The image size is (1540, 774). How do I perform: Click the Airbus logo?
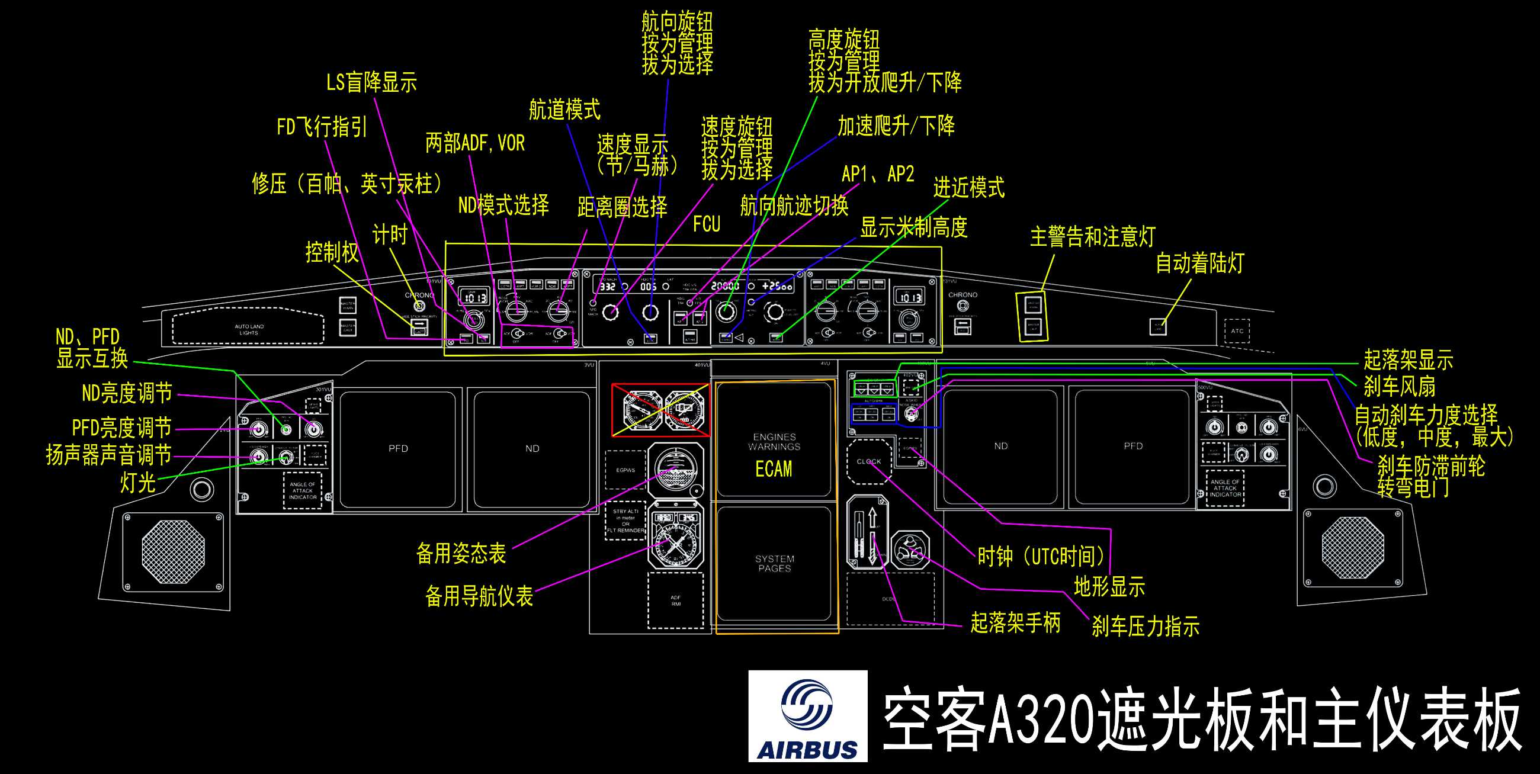807,716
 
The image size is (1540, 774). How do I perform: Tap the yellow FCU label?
706,224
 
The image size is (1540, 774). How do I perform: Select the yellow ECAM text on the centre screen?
774,469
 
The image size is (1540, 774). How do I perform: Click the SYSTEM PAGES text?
774,563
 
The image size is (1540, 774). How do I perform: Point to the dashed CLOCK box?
869,461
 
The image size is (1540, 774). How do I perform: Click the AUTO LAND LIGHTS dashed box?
249,328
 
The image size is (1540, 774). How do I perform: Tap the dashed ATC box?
1236,331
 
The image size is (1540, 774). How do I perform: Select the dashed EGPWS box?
625,470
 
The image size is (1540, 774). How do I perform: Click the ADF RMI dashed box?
676,600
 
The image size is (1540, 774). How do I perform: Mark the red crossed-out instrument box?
660,410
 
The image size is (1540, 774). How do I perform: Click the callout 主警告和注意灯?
1092,237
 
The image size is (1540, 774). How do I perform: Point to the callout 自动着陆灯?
1199,263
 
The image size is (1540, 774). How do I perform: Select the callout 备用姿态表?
461,554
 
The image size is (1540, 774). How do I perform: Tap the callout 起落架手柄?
1015,623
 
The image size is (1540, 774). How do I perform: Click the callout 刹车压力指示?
1145,627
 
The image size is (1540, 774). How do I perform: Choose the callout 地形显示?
1109,587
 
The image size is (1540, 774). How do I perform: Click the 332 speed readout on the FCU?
607,286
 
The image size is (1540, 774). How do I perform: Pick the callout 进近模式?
968,188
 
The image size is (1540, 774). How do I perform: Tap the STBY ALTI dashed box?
625,520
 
